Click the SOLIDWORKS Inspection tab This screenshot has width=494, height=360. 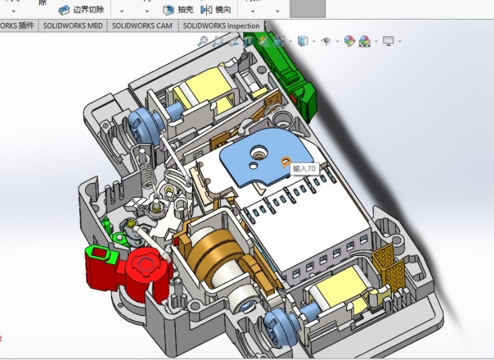pyautogui.click(x=221, y=26)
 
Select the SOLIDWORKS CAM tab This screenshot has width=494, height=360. pyautogui.click(x=142, y=26)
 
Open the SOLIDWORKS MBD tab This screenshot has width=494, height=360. pyautogui.click(x=72, y=26)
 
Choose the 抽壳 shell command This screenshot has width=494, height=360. pyautogui.click(x=178, y=9)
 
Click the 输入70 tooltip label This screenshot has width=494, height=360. pyautogui.click(x=304, y=168)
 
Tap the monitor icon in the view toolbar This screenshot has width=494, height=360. pyautogui.click(x=389, y=41)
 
